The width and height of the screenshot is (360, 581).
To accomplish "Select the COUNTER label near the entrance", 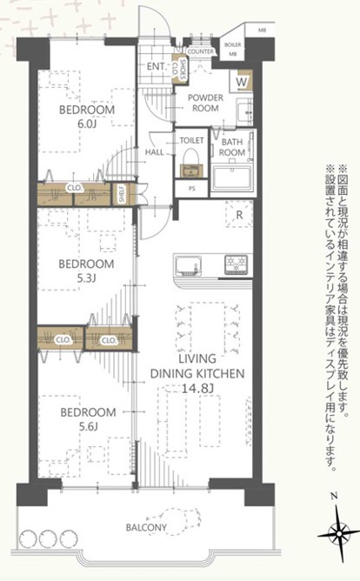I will click(x=201, y=51).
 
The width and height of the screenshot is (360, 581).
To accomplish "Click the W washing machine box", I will click(x=242, y=83).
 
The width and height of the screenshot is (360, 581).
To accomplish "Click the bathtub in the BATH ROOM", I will click(x=232, y=177).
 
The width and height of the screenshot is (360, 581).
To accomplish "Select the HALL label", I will click(x=155, y=152).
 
